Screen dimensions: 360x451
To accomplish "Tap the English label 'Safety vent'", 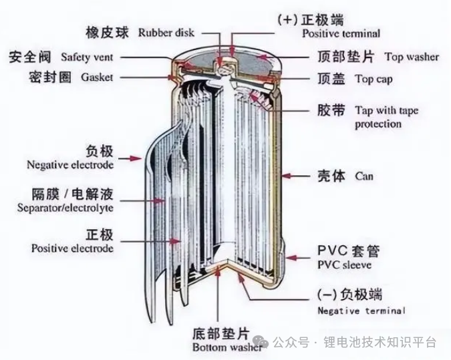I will pos(85,57).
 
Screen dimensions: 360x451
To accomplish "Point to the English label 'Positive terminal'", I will pos(341,33).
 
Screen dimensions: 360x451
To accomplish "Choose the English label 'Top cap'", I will pos(373,79).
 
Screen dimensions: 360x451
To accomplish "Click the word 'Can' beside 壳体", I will pos(364,177).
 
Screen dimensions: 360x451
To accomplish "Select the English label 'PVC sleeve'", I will pos(347,265).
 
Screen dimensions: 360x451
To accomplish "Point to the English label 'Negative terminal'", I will pos(361,311).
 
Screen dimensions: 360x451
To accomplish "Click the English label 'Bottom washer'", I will pos(219,347).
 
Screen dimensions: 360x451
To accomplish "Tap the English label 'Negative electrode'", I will pos(70,164).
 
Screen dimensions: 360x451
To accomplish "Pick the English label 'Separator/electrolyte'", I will pos(65,208).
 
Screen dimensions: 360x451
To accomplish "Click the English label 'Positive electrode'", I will pos(72,248).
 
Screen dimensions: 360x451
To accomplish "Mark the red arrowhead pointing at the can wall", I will pos(285,176).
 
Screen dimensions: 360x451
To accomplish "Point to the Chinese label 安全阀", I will pos(31,57).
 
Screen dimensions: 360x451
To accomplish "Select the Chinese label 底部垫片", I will pos(219,333).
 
